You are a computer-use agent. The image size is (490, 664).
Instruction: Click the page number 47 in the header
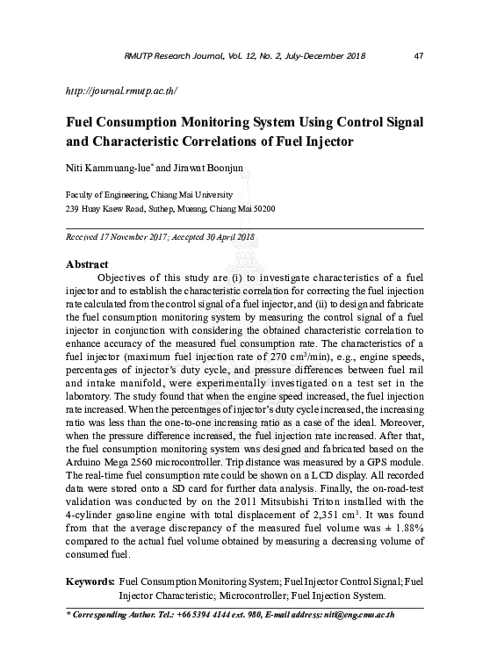(x=418, y=57)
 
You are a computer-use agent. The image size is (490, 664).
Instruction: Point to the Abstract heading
(x=88, y=263)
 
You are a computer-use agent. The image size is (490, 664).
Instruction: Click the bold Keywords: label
(x=90, y=582)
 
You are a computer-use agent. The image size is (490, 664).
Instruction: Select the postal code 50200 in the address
(x=263, y=209)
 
